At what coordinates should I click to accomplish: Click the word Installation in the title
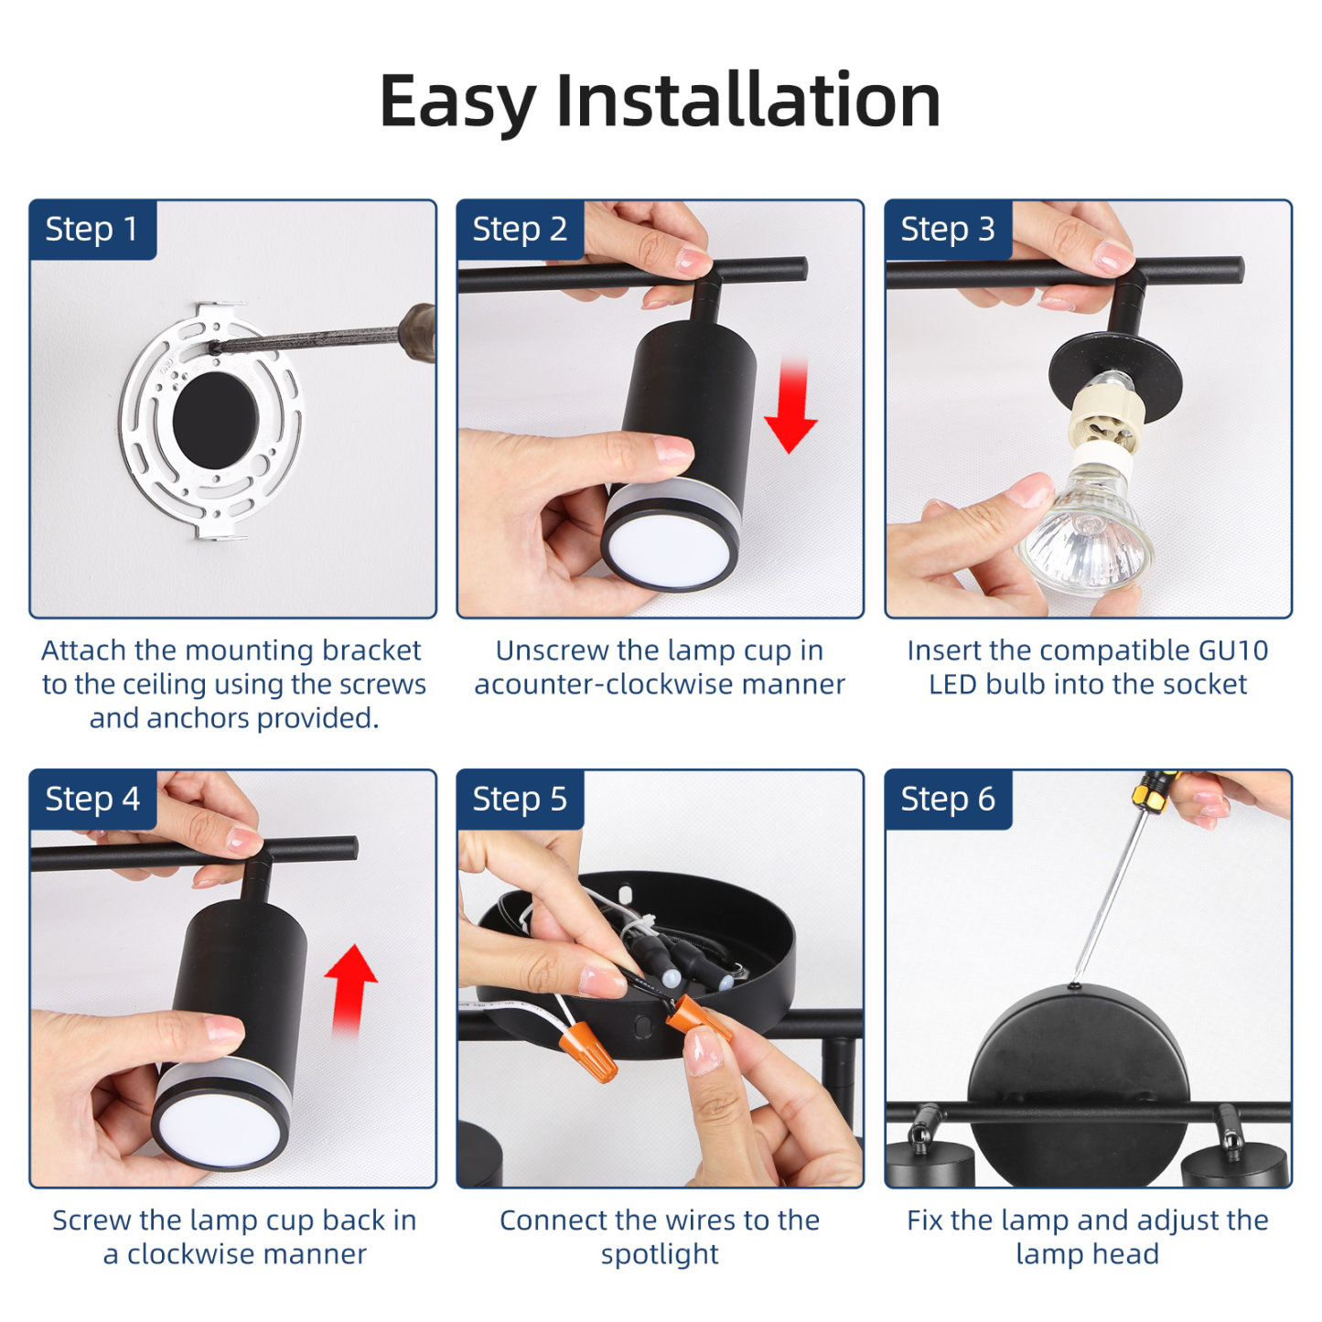pyautogui.click(x=747, y=101)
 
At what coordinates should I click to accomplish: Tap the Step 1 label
pyautogui.click(x=91, y=229)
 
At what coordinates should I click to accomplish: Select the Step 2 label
pyautogui.click(x=520, y=229)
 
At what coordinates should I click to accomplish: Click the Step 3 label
pyautogui.click(x=948, y=229)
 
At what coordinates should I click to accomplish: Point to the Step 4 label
pyautogui.click(x=91, y=799)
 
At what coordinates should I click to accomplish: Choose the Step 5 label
pyautogui.click(x=520, y=799)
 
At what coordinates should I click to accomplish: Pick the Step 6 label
pyautogui.click(x=948, y=799)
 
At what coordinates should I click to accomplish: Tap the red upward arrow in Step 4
pyautogui.click(x=350, y=992)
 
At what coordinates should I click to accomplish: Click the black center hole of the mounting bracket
pyautogui.click(x=215, y=420)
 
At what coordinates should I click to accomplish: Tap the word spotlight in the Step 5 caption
pyautogui.click(x=660, y=1255)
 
